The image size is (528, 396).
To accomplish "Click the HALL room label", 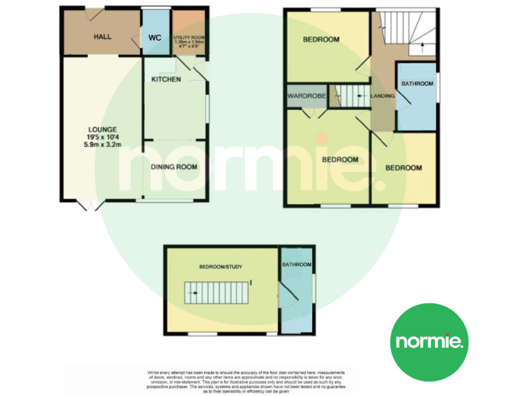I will point(103,36).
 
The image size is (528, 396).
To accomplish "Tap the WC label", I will point(155,37).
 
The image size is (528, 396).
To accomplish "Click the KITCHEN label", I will point(166,80).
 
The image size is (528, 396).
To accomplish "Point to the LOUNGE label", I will point(102,129).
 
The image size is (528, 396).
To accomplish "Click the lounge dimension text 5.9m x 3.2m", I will point(102,145).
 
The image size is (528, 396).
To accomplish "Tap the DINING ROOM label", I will point(175,166).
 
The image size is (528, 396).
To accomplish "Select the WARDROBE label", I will point(307,96).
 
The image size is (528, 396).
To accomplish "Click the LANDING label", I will point(382,96).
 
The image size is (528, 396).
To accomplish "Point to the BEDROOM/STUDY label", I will point(221,266).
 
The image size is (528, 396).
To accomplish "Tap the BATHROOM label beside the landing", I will point(417,84).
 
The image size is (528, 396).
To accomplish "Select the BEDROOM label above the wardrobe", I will point(322,40).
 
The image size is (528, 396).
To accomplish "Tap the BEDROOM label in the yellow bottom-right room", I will point(403,168).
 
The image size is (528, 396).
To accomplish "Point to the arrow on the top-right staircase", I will point(421,47).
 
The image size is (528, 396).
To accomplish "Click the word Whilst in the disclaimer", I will point(155,372).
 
